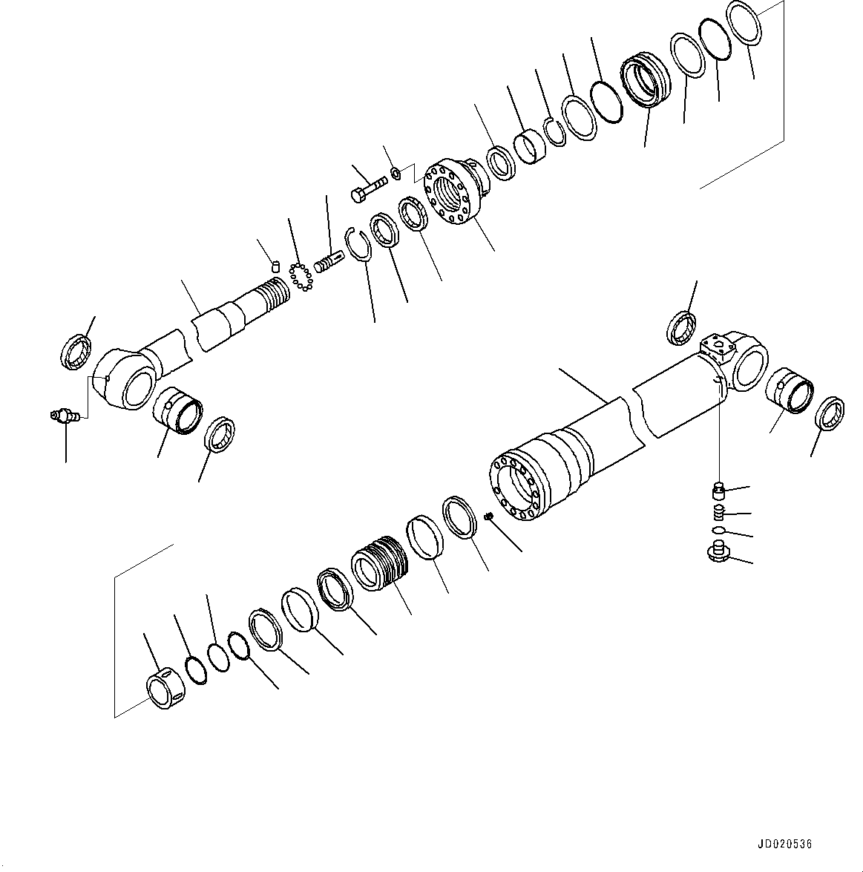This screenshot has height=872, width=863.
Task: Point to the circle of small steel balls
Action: tap(301, 276)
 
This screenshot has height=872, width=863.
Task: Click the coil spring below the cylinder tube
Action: tap(717, 512)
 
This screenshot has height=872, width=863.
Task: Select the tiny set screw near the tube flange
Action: tap(489, 517)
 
